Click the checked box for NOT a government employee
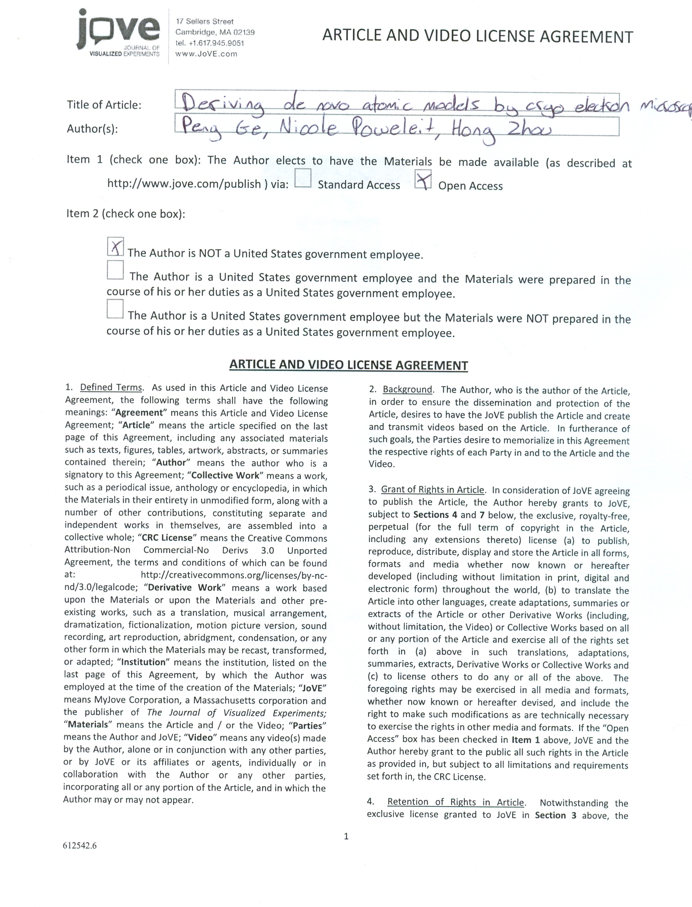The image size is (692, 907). (x=115, y=246)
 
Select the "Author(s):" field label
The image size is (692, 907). (x=92, y=129)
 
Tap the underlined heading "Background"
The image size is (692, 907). (x=407, y=389)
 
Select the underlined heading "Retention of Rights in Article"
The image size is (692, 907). (x=455, y=802)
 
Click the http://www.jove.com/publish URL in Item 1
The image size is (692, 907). (x=184, y=183)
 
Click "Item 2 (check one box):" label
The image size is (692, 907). (x=126, y=213)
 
